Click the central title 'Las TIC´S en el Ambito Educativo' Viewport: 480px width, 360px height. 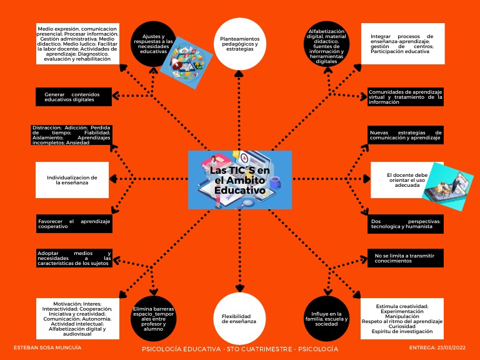coord(239,180)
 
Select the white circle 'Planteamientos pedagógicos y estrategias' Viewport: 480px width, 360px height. coord(240,42)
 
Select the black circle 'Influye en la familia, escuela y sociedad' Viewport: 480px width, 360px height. coord(326,319)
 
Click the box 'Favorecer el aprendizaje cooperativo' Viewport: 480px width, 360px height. coord(74,224)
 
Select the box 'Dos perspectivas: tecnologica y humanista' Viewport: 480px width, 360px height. coord(405,224)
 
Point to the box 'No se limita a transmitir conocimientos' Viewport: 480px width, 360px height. coord(405,257)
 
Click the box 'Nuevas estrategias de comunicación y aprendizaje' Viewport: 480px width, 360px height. coord(405,135)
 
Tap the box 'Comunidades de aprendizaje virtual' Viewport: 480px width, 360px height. coord(405,97)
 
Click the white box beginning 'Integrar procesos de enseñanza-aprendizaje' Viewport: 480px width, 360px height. coord(402,44)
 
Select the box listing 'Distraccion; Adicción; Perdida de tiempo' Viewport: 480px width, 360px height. coord(72,135)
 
